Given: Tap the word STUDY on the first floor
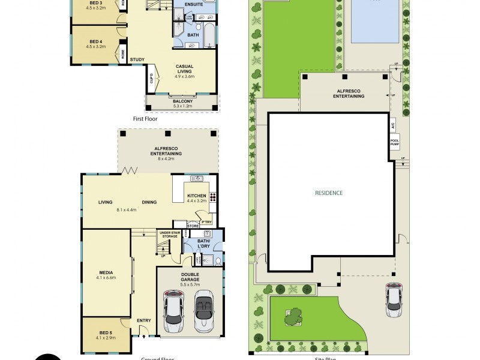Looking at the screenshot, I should coord(137,59).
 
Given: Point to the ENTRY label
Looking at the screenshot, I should coord(143,320).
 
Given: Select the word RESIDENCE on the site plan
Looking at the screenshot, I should coord(329,193).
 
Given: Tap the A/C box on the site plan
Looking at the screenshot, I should coord(392,127).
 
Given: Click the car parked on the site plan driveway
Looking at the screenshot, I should coord(394,298).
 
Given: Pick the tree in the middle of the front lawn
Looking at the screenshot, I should coord(293,316).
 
